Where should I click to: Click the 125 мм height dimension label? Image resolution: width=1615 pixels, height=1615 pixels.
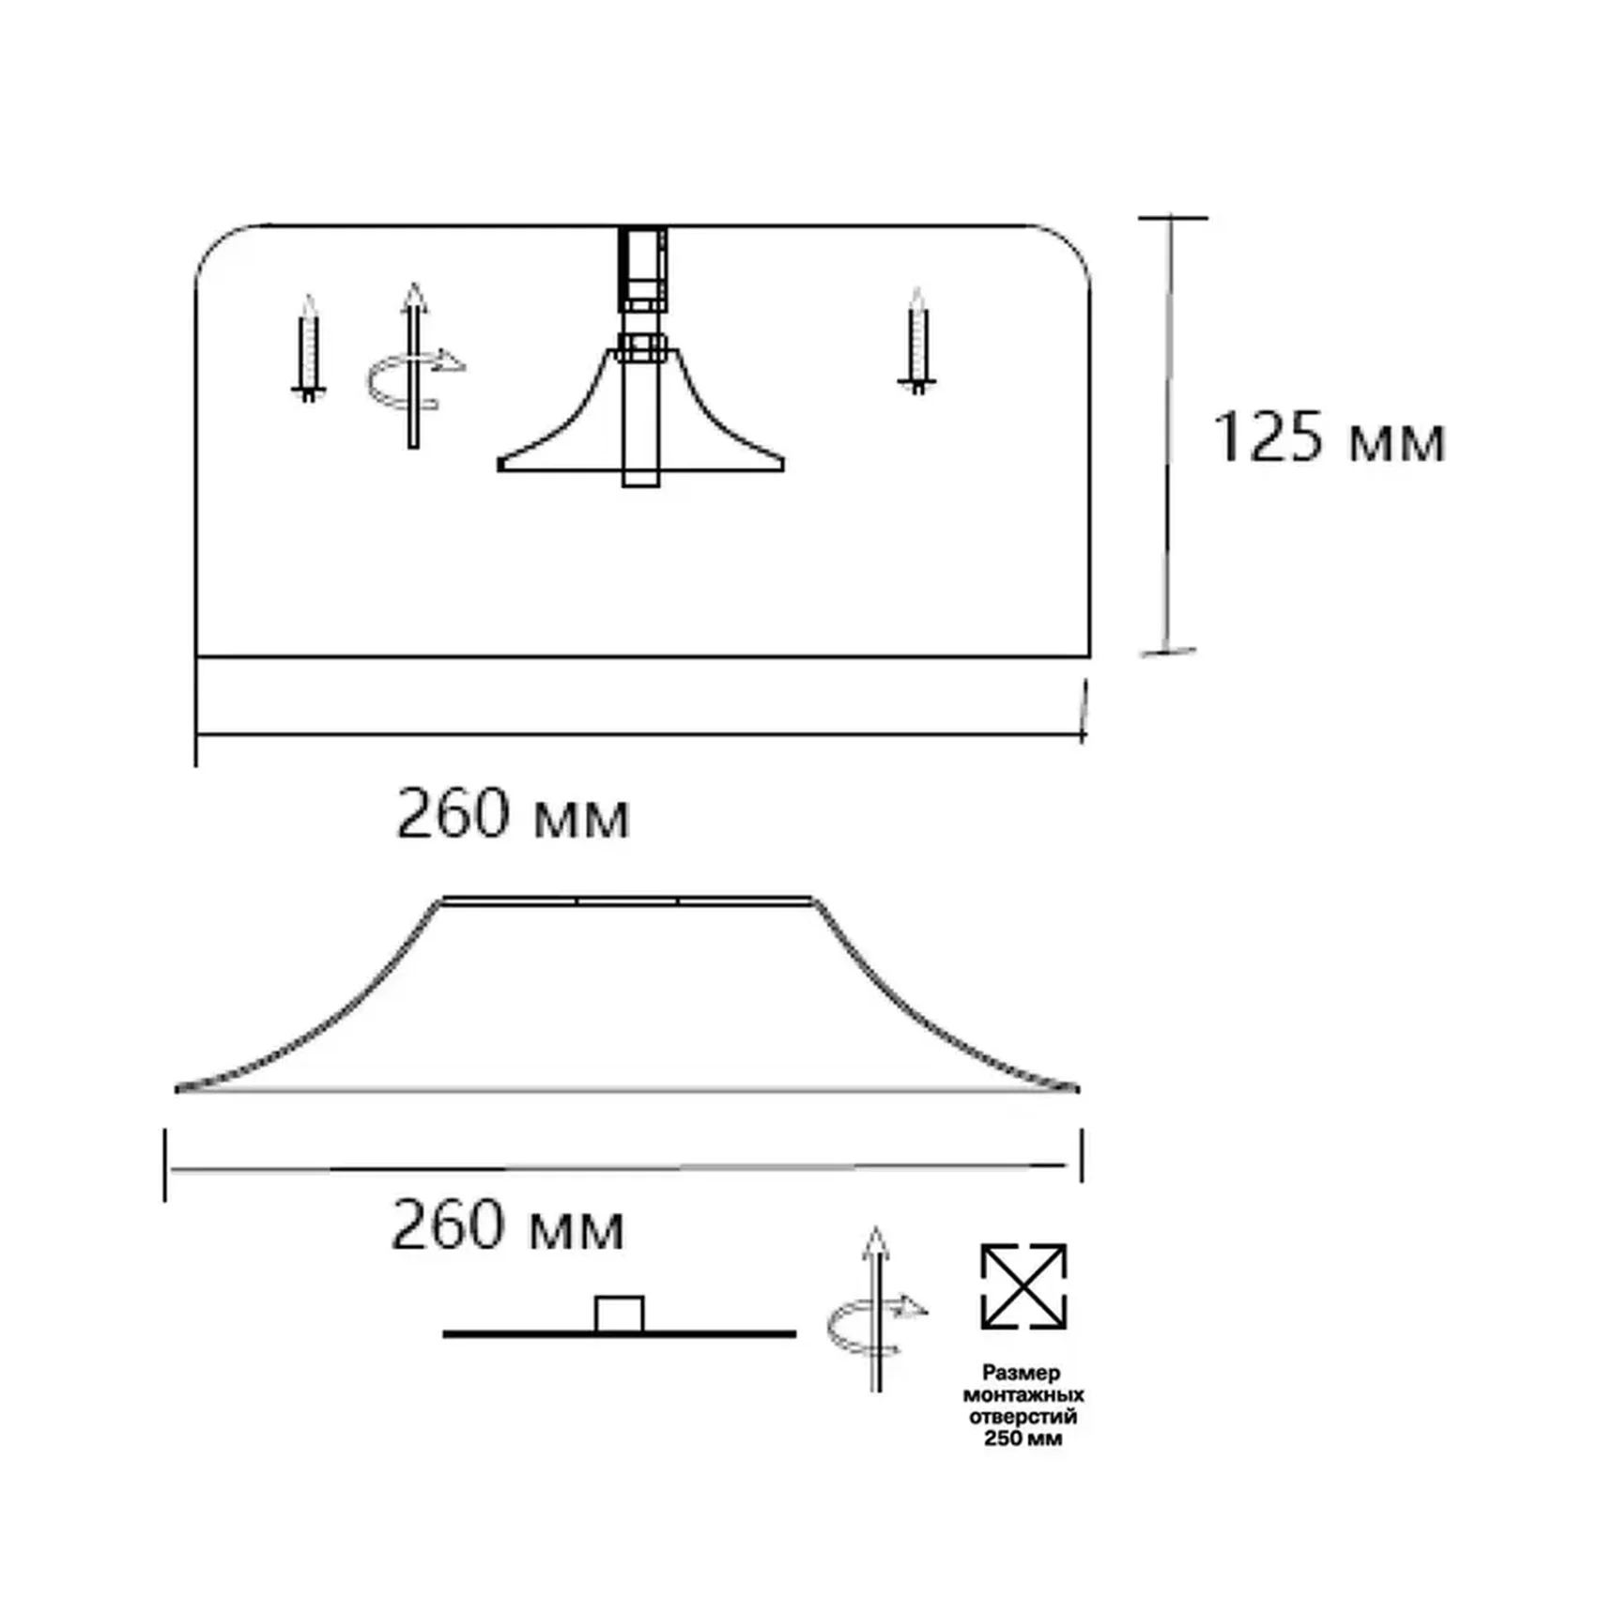(x=1328, y=438)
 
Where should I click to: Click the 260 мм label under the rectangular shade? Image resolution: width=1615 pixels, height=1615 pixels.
(x=513, y=814)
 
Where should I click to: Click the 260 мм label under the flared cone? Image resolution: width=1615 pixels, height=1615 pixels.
(x=507, y=1225)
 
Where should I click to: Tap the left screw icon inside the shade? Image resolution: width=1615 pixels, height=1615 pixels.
(x=308, y=348)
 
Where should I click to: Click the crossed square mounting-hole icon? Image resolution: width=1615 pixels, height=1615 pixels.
(x=1023, y=1286)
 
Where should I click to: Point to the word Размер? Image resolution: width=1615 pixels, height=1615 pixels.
(x=1022, y=1373)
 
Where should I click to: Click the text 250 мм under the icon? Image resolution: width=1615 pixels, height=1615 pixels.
(x=1023, y=1438)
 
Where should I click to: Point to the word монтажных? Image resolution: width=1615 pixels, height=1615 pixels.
(x=1023, y=1394)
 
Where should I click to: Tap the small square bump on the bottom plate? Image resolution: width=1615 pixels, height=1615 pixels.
(x=619, y=1314)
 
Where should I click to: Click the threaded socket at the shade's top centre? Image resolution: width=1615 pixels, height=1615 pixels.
(x=643, y=269)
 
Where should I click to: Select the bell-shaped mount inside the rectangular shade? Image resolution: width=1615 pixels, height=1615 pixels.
(x=641, y=423)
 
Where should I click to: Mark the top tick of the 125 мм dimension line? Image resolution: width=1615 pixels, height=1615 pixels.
(x=1173, y=218)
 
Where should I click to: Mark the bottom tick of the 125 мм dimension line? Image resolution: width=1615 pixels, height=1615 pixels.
(x=1167, y=651)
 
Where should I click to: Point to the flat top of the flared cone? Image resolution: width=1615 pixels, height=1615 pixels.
(x=627, y=901)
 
